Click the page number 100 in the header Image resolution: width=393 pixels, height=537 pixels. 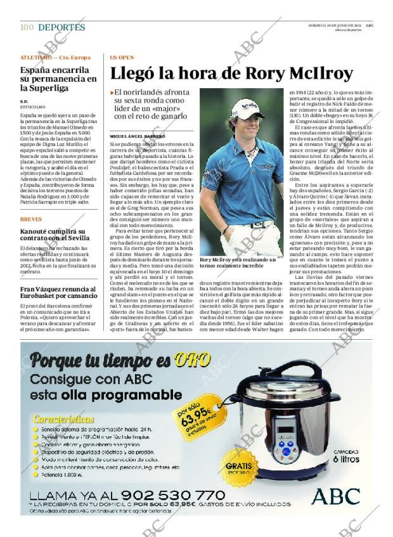pos(26,27)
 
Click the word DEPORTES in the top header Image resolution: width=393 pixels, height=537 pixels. pos(61,27)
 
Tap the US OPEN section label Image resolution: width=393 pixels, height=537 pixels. pos(121,57)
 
